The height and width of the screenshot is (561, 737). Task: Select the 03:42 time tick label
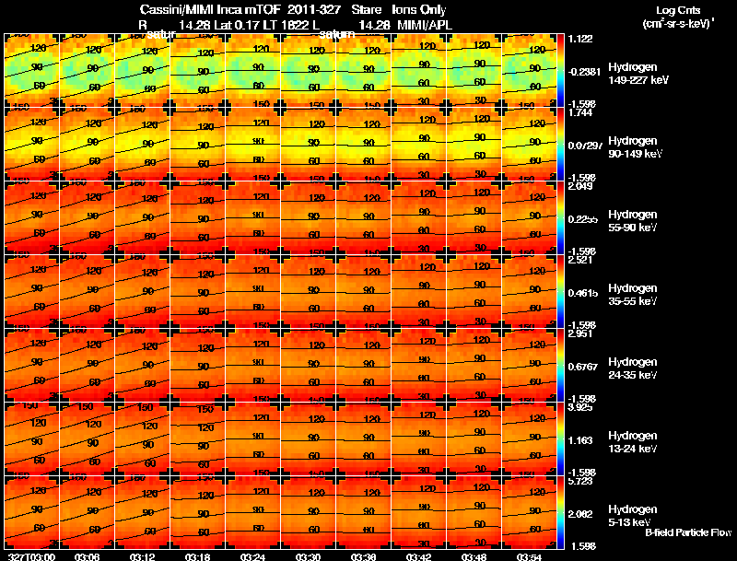coord(419,556)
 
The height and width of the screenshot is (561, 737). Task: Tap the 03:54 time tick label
coord(530,556)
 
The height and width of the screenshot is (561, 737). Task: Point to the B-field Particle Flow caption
coord(687,532)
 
